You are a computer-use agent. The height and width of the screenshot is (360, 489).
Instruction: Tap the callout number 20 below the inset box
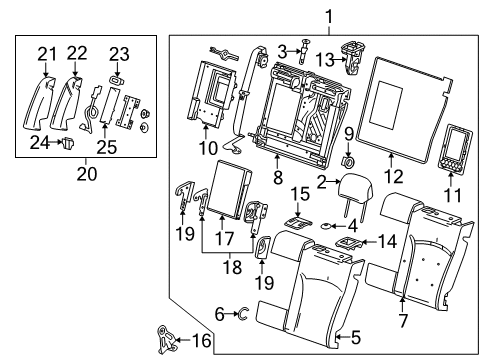point(85,172)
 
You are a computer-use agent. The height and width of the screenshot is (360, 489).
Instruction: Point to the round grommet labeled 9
point(350,161)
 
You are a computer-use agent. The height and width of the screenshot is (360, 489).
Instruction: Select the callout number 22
point(78,54)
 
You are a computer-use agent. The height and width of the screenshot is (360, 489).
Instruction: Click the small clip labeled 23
point(118,74)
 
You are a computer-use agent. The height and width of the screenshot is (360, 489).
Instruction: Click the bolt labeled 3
point(297,49)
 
